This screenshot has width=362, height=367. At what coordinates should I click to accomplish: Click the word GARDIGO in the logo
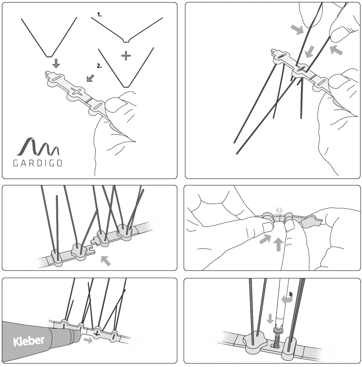tap(38, 163)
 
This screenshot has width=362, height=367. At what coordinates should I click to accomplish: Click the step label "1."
tap(99, 15)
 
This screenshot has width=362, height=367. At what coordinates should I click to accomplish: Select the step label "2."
tap(99, 66)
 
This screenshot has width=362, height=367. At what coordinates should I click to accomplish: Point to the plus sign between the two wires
tap(126, 56)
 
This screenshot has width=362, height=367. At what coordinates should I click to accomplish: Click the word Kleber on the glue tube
tap(29, 341)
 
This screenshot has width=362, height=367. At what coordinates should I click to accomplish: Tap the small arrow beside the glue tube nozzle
tap(88, 340)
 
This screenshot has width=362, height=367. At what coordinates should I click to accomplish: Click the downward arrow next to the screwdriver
tap(270, 319)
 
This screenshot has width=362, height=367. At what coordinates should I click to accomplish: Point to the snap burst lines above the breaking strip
tap(280, 211)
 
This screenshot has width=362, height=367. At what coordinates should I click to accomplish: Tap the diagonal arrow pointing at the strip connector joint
tap(106, 261)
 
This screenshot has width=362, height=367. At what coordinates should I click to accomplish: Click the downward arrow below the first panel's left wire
tap(56, 63)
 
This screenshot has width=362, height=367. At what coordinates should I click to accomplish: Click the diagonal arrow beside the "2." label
tap(90, 78)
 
